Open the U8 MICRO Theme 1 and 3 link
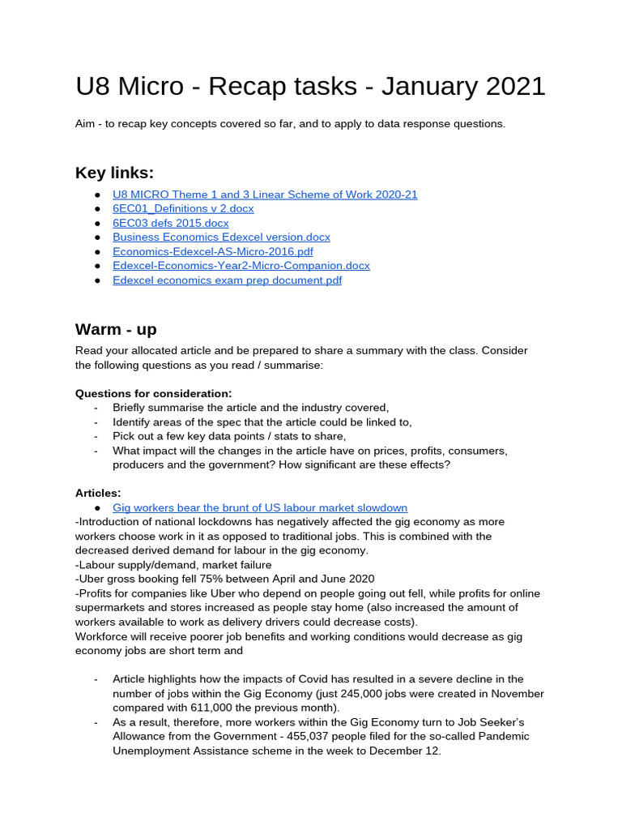(265, 195)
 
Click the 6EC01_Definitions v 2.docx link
(183, 208)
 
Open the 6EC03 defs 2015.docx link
(170, 223)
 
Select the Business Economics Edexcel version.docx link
(221, 237)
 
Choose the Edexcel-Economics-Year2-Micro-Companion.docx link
(241, 266)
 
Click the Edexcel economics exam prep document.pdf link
(227, 280)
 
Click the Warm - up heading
(116, 329)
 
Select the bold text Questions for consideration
(153, 393)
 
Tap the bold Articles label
(98, 493)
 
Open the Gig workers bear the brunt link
(259, 507)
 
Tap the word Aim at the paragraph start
(87, 124)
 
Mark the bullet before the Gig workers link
(97, 507)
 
